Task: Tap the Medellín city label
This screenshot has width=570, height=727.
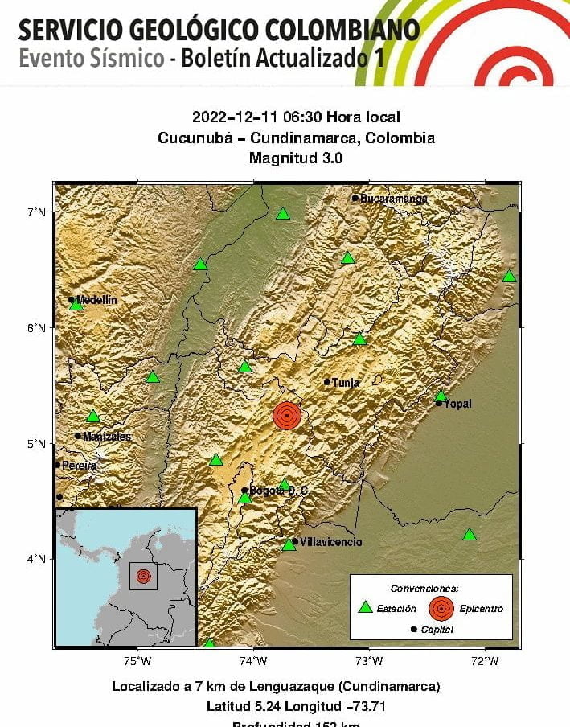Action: pos(96,300)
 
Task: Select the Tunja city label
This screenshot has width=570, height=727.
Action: pos(346,383)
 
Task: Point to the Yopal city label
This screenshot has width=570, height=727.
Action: pos(458,404)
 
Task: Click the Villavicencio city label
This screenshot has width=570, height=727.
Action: pos(330,542)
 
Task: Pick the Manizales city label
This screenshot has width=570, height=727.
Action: pos(107,437)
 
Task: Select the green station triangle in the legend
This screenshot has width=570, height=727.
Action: pos(365,608)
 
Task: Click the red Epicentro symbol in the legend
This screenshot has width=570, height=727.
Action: pos(441,608)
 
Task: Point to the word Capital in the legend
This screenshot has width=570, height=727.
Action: pos(437,630)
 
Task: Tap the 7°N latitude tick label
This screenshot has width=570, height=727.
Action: pos(36,212)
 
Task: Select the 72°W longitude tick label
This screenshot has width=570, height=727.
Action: pos(485,661)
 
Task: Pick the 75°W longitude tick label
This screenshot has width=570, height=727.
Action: pos(138,661)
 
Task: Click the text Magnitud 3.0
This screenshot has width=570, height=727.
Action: pos(296,158)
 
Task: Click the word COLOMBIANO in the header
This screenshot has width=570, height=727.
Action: pos(340,30)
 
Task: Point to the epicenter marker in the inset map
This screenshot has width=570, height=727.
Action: pos(143,576)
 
